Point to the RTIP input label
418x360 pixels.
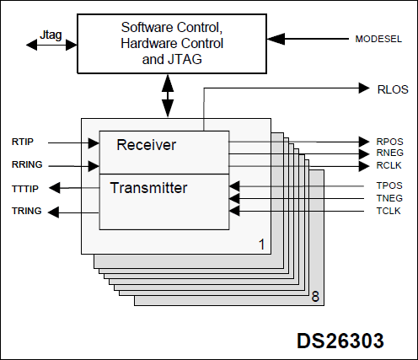click(23, 142)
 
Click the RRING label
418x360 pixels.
click(27, 165)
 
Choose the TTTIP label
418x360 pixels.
click(25, 188)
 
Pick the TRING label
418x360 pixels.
click(26, 212)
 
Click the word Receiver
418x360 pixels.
click(146, 145)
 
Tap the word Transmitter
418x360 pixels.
click(148, 187)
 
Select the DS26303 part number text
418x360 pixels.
click(340, 341)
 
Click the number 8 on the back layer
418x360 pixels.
click(314, 296)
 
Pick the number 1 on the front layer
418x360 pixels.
click(261, 244)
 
